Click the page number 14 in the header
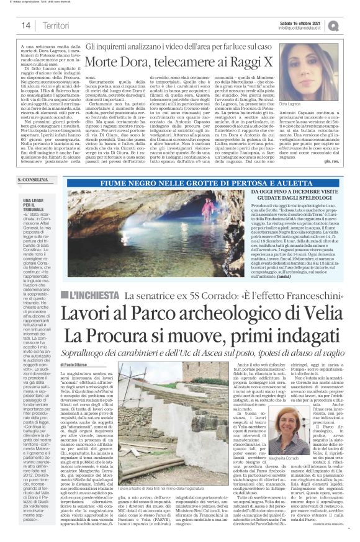pos(25,25)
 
